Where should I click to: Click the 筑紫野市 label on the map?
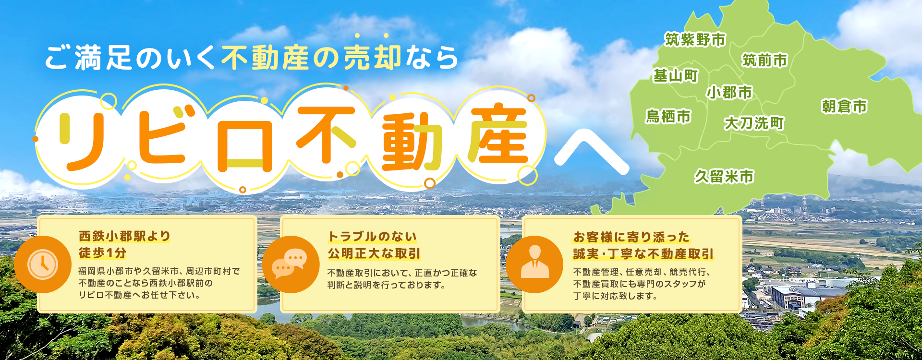pos(695,40)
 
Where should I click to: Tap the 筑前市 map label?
pos(764,60)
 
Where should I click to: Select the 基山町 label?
pos(676,76)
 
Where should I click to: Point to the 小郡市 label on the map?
pos(729,92)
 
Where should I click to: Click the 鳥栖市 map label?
pos(668,116)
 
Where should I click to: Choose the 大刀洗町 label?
pos(754,123)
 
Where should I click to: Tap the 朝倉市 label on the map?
pos(844,107)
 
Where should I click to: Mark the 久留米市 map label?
pos(724,177)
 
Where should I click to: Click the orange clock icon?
pos(43,264)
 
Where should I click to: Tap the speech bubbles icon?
pos(291,264)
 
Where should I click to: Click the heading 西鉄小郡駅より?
pos(124,236)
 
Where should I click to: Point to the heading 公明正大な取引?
pos(374,253)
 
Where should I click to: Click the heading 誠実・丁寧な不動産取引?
pos(643,253)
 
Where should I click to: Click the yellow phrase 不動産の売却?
pos(311,58)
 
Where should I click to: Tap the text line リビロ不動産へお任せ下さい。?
pos(140,295)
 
